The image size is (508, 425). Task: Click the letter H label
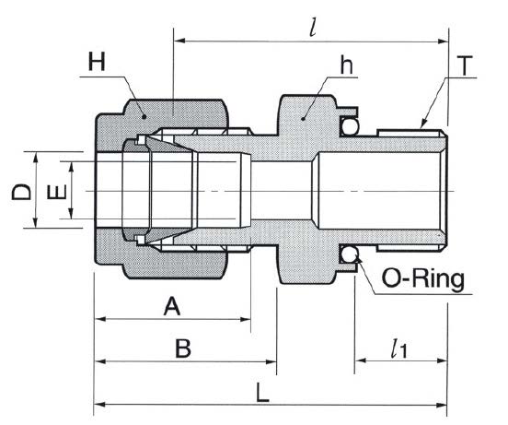(x=97, y=62)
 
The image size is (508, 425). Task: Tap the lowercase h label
(x=346, y=65)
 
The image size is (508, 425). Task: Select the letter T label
(x=464, y=65)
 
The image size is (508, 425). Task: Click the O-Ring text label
(x=423, y=279)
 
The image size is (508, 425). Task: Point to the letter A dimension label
(x=172, y=307)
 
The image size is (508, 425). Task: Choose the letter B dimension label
(x=183, y=348)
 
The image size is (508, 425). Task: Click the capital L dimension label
(x=262, y=393)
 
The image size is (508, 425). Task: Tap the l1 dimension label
(x=398, y=348)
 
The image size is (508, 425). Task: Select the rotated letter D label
(x=21, y=192)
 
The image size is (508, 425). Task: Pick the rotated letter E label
(x=57, y=192)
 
